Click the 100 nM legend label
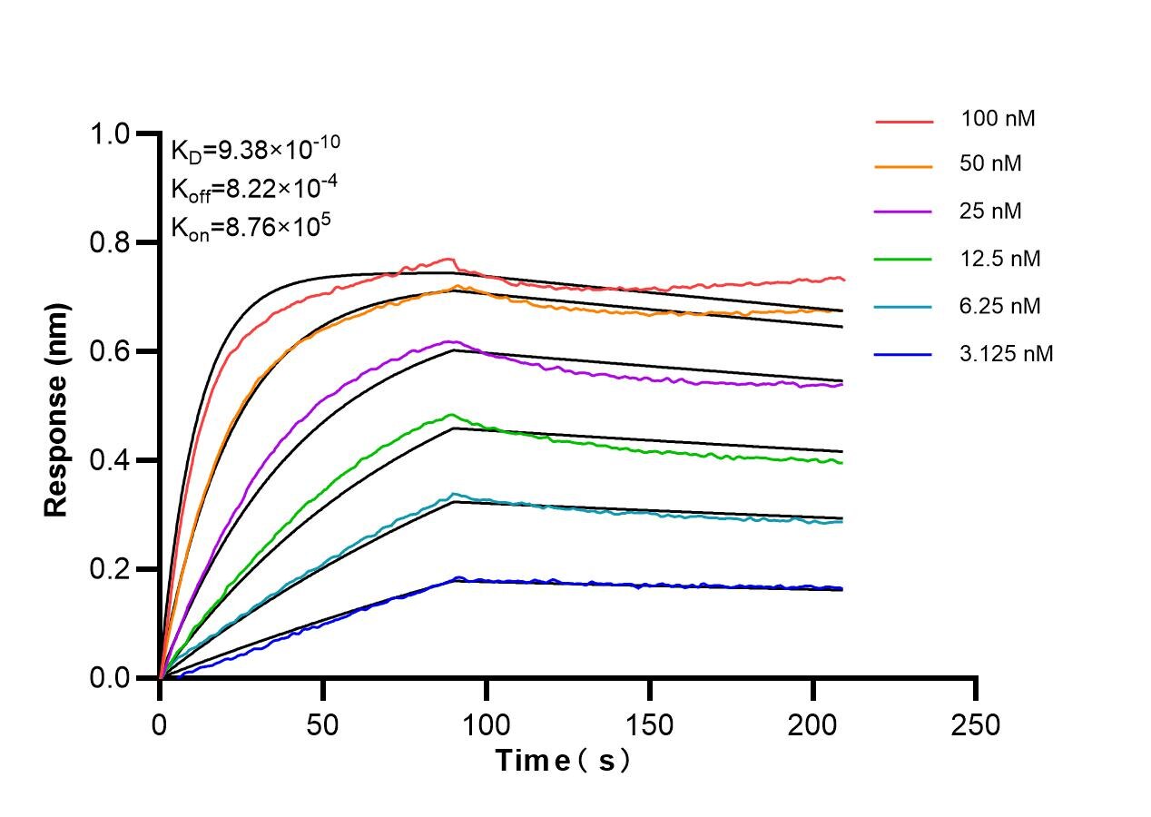click(998, 119)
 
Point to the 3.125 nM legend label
click(1006, 354)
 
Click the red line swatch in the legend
click(904, 120)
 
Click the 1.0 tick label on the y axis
click(110, 134)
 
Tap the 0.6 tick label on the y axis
click(110, 352)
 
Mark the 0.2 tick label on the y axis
click(110, 570)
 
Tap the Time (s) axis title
click(563, 761)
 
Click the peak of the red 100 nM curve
click(448, 259)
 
